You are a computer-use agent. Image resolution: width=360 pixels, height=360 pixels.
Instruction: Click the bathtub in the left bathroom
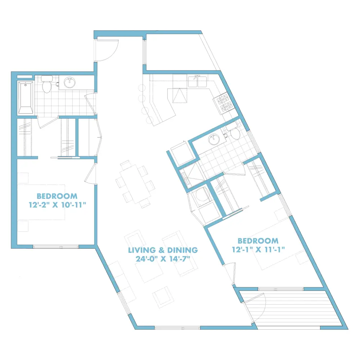coord(26,98)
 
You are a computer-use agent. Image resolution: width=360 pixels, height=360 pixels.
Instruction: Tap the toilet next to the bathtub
coord(47,84)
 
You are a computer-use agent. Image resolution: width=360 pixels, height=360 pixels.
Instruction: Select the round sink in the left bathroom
coord(69,83)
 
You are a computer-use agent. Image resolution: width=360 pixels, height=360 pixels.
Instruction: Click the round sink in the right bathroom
coord(214,139)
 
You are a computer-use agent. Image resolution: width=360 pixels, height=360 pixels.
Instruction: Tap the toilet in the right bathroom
coord(234,131)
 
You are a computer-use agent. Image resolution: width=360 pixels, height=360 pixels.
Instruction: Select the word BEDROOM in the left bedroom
coord(57,196)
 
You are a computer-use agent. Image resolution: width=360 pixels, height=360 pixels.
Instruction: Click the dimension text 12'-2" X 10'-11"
coord(57,204)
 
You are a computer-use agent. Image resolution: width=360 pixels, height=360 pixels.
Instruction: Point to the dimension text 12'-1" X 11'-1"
coord(258,249)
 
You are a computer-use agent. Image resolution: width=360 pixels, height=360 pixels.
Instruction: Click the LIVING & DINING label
coord(163,250)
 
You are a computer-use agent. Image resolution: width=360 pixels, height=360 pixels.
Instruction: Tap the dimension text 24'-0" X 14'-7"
coord(163,259)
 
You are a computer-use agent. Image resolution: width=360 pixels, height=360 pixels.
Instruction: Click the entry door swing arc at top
coord(112,55)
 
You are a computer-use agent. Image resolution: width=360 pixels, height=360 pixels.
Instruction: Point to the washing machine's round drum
coord(202,194)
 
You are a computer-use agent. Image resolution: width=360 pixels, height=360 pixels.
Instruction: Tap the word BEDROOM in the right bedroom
coord(258,241)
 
